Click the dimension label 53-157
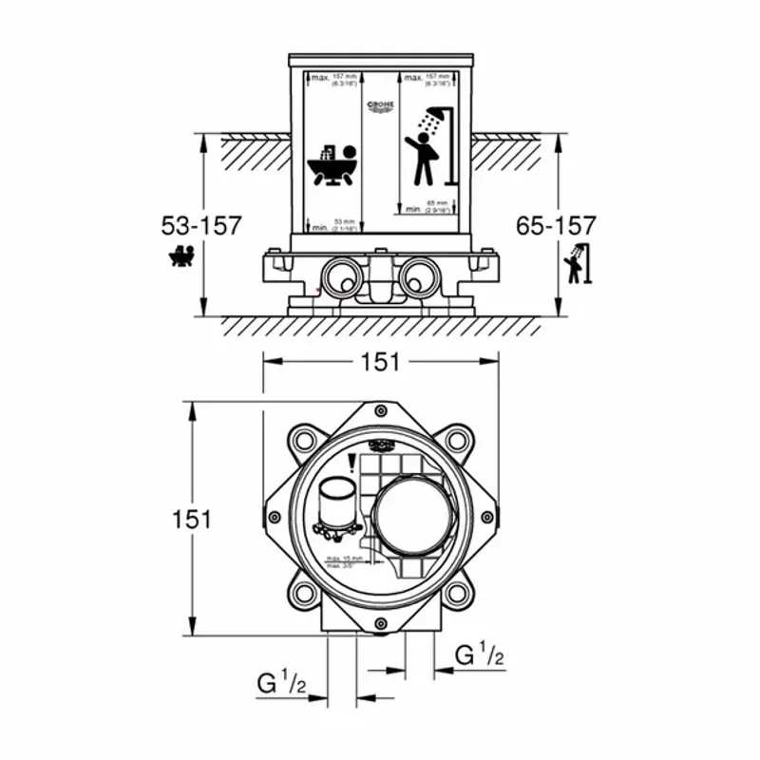202,226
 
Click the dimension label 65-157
556,226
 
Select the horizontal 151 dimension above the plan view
380,362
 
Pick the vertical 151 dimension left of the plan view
192,519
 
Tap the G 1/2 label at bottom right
479,655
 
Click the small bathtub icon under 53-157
181,256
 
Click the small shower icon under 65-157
576,264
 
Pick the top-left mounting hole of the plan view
303,440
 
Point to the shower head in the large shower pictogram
435,116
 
